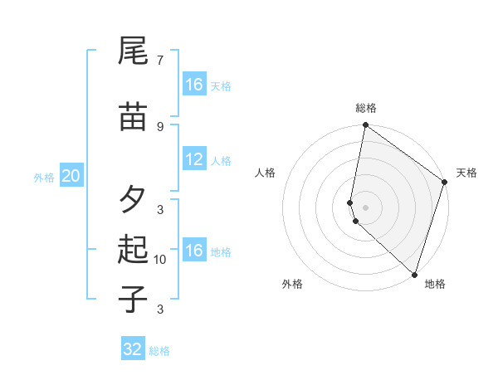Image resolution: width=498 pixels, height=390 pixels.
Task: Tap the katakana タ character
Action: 133,200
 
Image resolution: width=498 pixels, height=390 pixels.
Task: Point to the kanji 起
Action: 133,250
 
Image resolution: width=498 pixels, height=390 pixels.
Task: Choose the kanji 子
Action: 133,299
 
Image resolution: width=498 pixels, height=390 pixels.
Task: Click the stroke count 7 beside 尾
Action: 159,61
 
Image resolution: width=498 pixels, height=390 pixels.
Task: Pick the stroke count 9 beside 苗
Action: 159,126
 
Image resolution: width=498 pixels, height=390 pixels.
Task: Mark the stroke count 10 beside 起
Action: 160,260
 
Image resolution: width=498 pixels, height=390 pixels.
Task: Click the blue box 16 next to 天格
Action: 194,85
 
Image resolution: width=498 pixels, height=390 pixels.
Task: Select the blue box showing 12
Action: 194,160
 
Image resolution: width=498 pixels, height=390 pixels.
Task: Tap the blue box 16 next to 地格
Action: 194,251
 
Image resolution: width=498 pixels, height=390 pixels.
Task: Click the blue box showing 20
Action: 71,176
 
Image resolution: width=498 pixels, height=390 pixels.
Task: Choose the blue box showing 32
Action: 133,349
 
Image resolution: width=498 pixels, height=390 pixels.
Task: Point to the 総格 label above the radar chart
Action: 366,108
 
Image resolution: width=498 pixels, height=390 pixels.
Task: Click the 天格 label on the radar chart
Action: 466,173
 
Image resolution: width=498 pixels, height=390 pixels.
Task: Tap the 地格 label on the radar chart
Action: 435,284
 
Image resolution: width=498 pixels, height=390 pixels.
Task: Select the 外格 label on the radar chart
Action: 292,284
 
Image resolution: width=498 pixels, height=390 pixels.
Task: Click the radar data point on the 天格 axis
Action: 445,182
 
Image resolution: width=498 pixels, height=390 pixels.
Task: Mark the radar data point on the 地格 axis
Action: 414,274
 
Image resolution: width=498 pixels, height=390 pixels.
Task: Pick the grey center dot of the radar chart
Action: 366,207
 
